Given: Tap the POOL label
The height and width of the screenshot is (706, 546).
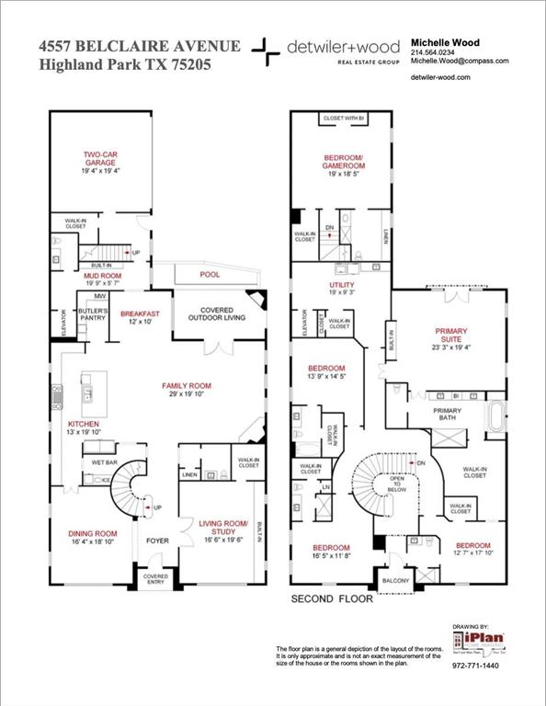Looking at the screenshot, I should [210, 274].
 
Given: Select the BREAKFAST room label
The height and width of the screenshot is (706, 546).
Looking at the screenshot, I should [140, 313].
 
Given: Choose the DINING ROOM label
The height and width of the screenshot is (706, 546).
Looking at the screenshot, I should [93, 534].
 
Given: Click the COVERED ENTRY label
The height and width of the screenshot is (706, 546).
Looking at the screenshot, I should [153, 579].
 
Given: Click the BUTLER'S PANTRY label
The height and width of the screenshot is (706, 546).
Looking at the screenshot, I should [93, 316].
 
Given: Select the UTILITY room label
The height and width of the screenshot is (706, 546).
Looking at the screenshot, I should [341, 286].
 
